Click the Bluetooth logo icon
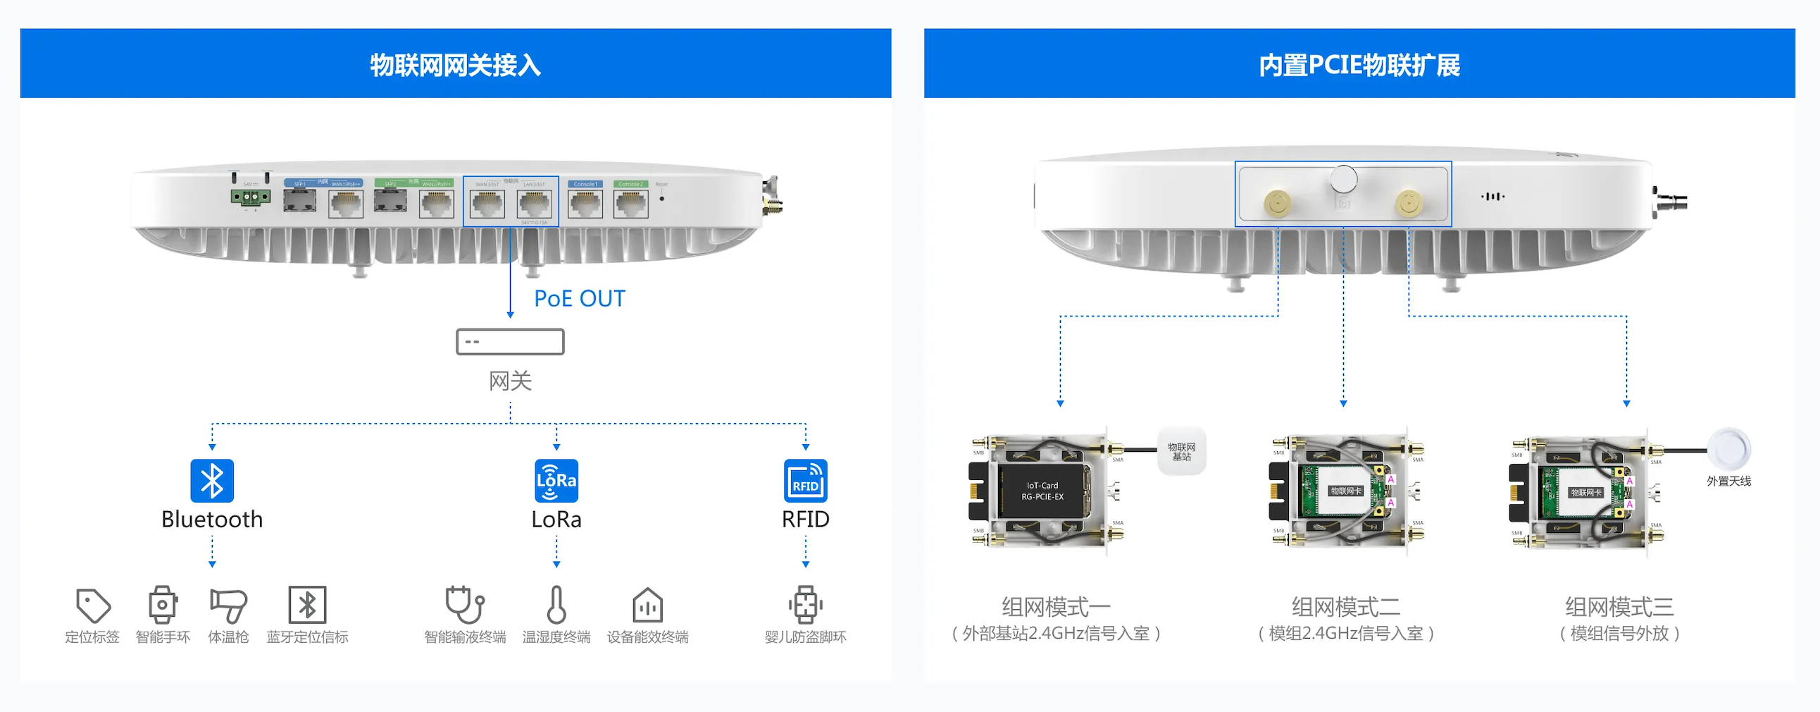pos(212,481)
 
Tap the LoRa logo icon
pos(556,481)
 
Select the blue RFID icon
pos(806,481)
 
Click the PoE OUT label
pos(580,298)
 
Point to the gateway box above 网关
pos(510,341)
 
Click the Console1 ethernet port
pos(585,204)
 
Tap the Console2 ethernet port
pos(630,204)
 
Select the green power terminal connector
pos(251,197)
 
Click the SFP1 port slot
pos(299,202)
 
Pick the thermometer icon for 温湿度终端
pos(556,606)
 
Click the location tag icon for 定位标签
pos(92,606)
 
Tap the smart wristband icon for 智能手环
pos(163,606)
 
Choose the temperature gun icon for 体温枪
pos(228,606)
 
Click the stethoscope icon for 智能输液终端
pos(465,606)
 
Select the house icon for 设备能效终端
pos(647,606)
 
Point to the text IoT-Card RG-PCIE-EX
pos(1043,491)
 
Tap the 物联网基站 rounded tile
pos(1181,451)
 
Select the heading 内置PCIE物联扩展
pos(1359,64)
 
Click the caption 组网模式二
pos(1345,607)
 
